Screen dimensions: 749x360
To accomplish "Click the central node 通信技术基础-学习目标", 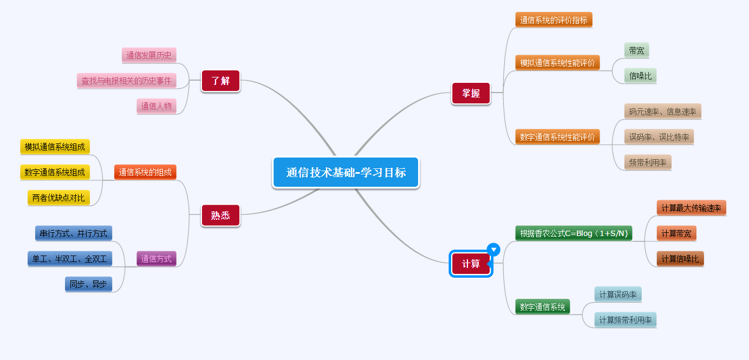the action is click(346, 173).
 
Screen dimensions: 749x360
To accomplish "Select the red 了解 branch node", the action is click(220, 81).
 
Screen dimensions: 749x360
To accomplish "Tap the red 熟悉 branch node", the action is click(220, 215).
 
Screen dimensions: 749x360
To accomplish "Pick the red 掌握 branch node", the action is click(471, 93).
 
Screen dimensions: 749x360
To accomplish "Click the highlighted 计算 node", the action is click(471, 264).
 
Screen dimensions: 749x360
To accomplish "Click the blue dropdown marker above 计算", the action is click(493, 249).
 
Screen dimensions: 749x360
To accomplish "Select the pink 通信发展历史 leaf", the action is click(149, 55).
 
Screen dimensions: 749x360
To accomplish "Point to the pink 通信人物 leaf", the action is click(157, 106).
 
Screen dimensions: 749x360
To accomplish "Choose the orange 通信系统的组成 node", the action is click(145, 173).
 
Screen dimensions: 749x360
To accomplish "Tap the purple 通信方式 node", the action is click(157, 259).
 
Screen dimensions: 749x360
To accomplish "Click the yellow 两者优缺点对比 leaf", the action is click(58, 198).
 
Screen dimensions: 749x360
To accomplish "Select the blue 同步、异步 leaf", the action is click(88, 284).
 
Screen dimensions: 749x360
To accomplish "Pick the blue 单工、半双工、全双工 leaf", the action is click(70, 259).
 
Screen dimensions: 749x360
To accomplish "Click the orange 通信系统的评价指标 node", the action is click(553, 20).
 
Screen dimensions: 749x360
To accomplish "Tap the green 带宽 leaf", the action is click(636, 50).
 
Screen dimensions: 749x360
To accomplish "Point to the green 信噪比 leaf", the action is click(640, 76).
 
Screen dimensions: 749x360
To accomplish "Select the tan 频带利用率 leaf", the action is click(648, 162).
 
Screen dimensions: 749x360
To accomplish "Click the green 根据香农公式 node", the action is click(574, 233).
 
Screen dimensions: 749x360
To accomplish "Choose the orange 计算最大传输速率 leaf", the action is click(691, 208).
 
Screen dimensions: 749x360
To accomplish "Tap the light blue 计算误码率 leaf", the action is click(617, 294).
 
